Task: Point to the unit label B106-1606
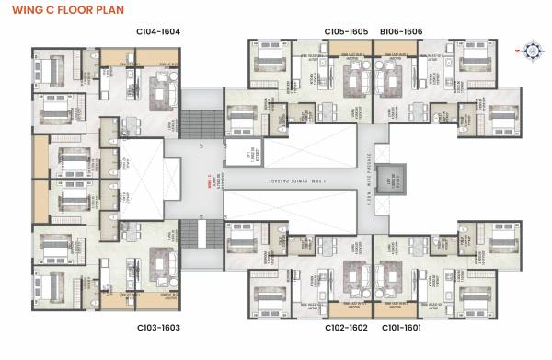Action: pyautogui.click(x=400, y=32)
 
